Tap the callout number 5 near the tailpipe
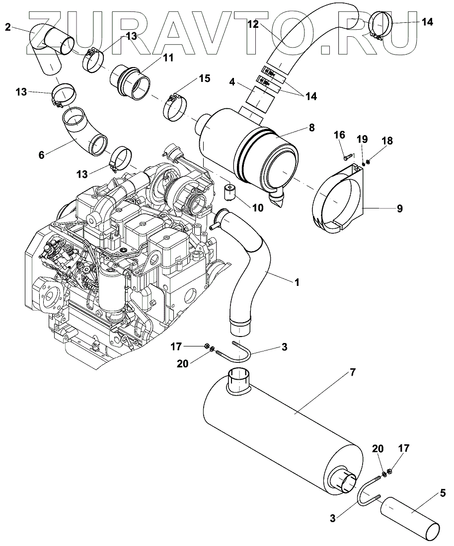(442, 494)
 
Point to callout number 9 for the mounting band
(399, 209)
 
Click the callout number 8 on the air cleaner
(311, 128)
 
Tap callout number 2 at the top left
(8, 27)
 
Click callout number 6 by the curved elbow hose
(42, 154)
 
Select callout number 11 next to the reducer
(168, 58)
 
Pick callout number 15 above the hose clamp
(204, 78)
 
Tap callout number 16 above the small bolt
(339, 136)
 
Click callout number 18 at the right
(386, 141)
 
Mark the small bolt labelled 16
(347, 157)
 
